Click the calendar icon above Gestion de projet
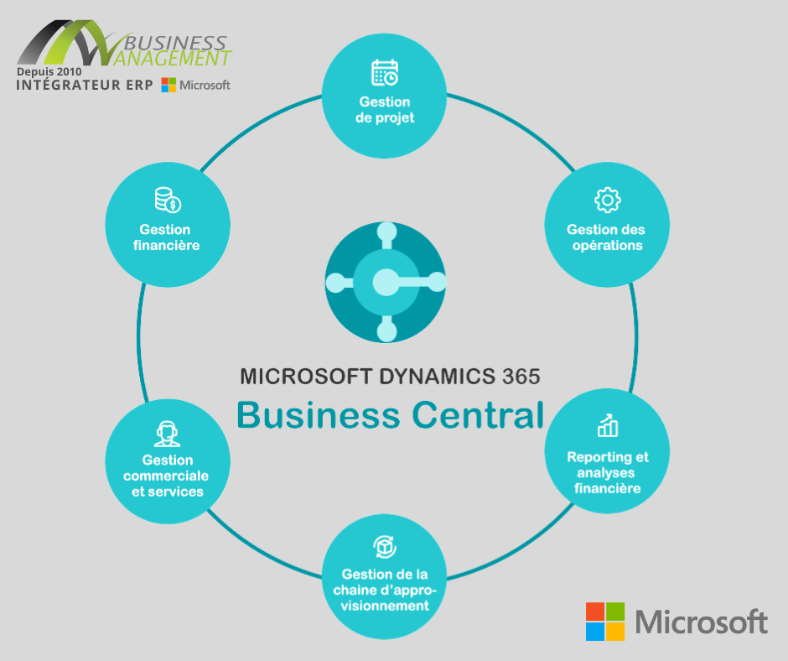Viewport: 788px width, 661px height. pyautogui.click(x=385, y=72)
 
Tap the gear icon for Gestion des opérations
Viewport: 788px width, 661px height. pyautogui.click(x=607, y=200)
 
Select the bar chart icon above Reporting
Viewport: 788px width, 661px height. pyautogui.click(x=608, y=426)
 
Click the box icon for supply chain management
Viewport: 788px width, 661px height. pyautogui.click(x=385, y=546)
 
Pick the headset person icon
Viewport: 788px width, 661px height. pyautogui.click(x=167, y=433)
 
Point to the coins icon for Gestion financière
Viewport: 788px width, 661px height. pyautogui.click(x=167, y=200)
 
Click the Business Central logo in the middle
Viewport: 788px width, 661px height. pyautogui.click(x=386, y=282)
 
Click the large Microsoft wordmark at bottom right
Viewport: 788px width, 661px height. pyautogui.click(x=701, y=622)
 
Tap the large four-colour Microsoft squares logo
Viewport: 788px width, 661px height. pyautogui.click(x=605, y=622)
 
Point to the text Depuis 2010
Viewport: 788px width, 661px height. pyautogui.click(x=49, y=73)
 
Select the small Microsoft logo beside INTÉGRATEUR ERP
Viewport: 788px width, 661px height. pyautogui.click(x=195, y=85)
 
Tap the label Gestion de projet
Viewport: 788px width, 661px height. pyautogui.click(x=385, y=110)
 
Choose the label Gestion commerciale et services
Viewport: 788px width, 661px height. pyautogui.click(x=166, y=476)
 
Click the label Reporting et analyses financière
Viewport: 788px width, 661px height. pyautogui.click(x=608, y=472)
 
